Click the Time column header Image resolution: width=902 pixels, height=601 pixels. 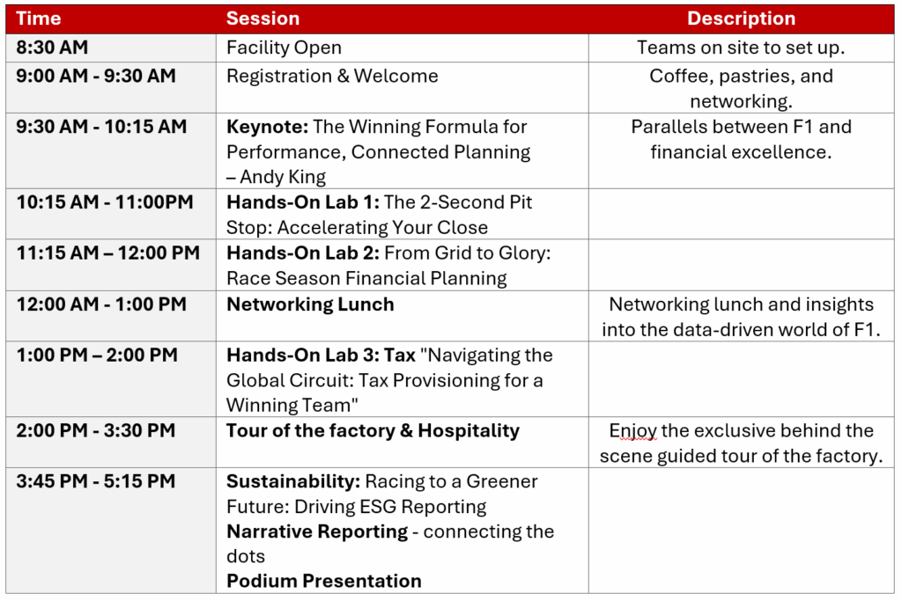(39, 18)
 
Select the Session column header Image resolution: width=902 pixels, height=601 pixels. (262, 18)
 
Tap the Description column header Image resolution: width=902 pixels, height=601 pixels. (741, 18)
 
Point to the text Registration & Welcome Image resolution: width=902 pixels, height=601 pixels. (332, 76)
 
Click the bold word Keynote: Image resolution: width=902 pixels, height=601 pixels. (268, 127)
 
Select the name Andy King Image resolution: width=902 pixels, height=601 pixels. (283, 177)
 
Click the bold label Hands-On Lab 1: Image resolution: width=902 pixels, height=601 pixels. (303, 202)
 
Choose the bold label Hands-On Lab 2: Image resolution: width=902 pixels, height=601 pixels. (303, 253)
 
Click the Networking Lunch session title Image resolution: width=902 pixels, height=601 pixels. (311, 304)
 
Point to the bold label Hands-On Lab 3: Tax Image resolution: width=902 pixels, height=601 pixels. (321, 355)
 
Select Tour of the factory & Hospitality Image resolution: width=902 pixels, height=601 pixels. (373, 431)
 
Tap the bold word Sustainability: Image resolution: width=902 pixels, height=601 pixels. (293, 481)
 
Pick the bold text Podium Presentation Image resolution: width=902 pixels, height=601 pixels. (324, 581)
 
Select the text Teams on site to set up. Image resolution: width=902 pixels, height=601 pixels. (741, 48)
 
